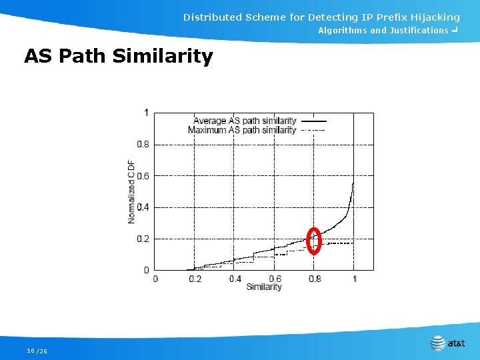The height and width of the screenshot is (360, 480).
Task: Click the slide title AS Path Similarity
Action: click(118, 56)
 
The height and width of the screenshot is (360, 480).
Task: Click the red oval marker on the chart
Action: click(313, 241)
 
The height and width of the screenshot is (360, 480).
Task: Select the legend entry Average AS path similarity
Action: click(245, 121)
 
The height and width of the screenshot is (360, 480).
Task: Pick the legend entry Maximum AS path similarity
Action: click(242, 130)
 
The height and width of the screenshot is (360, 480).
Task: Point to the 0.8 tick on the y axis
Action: click(143, 144)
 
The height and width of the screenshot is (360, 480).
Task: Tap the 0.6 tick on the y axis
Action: click(143, 176)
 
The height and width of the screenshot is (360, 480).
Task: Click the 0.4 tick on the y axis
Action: click(143, 207)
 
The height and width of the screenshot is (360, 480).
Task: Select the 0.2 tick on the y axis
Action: click(143, 239)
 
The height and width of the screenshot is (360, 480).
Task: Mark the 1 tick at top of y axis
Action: click(147, 113)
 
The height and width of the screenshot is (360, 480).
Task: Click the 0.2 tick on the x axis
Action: click(195, 279)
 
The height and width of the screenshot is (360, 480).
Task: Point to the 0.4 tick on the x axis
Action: click(235, 279)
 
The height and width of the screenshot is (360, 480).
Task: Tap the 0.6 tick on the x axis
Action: click(275, 279)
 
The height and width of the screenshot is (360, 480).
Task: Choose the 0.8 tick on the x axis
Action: click(314, 279)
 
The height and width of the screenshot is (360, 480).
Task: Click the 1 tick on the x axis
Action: click(354, 279)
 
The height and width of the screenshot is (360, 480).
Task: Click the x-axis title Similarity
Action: click(264, 287)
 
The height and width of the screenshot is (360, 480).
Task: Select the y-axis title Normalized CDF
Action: click(131, 191)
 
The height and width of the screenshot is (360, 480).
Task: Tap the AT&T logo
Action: click(447, 343)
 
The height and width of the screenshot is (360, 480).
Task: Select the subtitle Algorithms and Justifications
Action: click(383, 31)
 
